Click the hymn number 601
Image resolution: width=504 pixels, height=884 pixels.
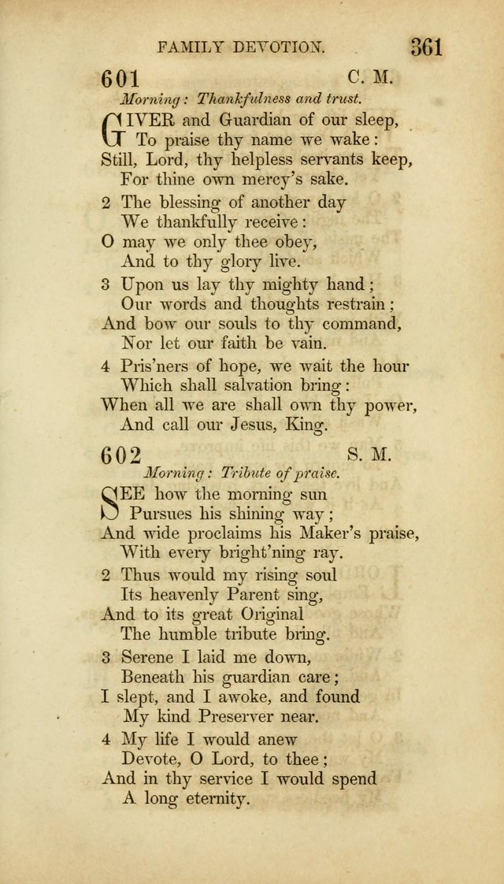[120, 80]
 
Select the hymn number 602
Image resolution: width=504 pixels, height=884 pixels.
[120, 456]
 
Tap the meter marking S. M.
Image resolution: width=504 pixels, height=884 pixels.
[368, 455]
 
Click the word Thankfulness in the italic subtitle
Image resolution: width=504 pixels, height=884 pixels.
[243, 99]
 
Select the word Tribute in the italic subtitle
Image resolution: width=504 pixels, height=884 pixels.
[248, 474]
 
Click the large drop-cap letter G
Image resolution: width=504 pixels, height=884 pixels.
[116, 130]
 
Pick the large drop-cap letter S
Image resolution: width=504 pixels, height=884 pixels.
[114, 504]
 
